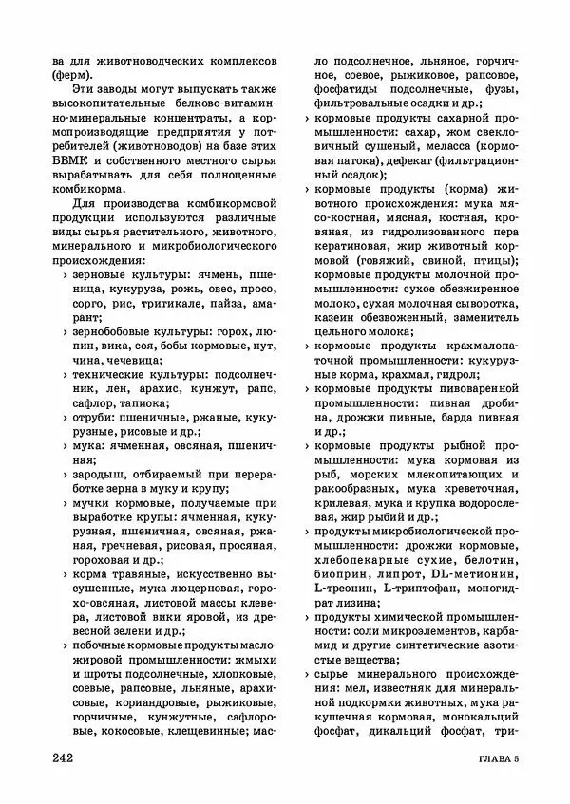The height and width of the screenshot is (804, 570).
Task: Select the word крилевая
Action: pos(341,501)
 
